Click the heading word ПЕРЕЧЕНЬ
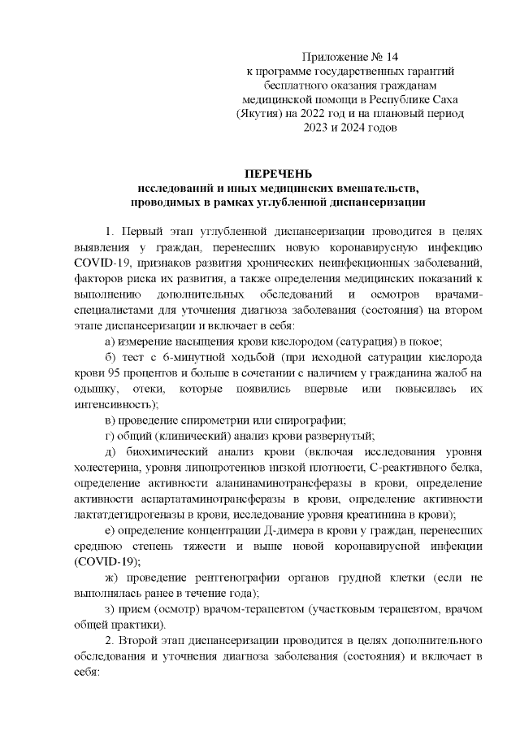279,173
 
